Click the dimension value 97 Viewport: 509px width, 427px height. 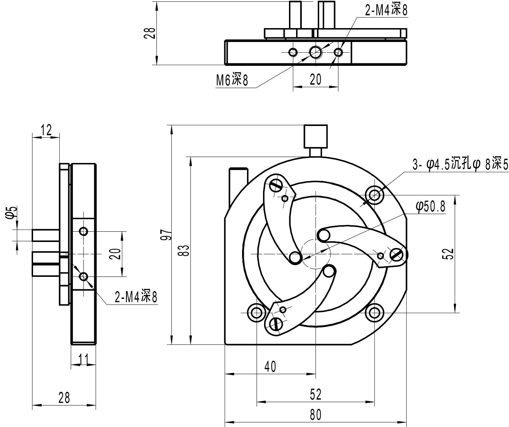[x=167, y=235]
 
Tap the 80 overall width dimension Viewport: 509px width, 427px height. [x=315, y=415]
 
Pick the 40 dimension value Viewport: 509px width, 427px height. [x=270, y=367]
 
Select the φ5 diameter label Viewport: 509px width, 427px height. [x=12, y=212]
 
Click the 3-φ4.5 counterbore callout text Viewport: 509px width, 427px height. [x=460, y=164]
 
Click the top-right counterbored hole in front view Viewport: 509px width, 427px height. [x=375, y=195]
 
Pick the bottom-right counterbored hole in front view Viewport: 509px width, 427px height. [x=375, y=313]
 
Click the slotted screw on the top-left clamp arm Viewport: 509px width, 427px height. [x=276, y=185]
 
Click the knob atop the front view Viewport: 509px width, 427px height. [x=315, y=136]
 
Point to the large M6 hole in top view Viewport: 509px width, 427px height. [x=315, y=53]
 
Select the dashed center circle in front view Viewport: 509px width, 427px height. [x=316, y=254]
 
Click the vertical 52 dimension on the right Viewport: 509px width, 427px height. [x=449, y=253]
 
